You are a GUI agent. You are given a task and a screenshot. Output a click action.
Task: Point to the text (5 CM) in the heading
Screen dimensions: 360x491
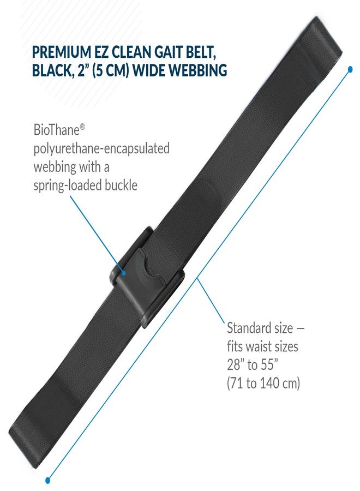pyautogui.click(x=111, y=70)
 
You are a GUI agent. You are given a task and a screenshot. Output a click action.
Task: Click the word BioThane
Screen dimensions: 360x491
pyautogui.click(x=57, y=130)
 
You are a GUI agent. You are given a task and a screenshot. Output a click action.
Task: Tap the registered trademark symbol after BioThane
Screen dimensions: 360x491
pyautogui.click(x=83, y=126)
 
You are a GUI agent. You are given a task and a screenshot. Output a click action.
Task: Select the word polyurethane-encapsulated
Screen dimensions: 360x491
pyautogui.click(x=101, y=148)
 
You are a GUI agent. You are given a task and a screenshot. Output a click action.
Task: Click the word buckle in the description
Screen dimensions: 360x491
pyautogui.click(x=121, y=185)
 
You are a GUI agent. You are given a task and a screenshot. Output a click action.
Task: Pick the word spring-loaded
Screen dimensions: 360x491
pyautogui.click(x=68, y=186)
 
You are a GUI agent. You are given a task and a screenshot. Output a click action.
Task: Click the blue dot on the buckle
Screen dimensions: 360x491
pyautogui.click(x=124, y=273)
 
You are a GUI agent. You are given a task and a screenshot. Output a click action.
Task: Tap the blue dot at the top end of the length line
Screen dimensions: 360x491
pyautogui.click(x=350, y=69)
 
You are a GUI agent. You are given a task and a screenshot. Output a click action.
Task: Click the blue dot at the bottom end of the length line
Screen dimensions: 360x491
pyautogui.click(x=47, y=480)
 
